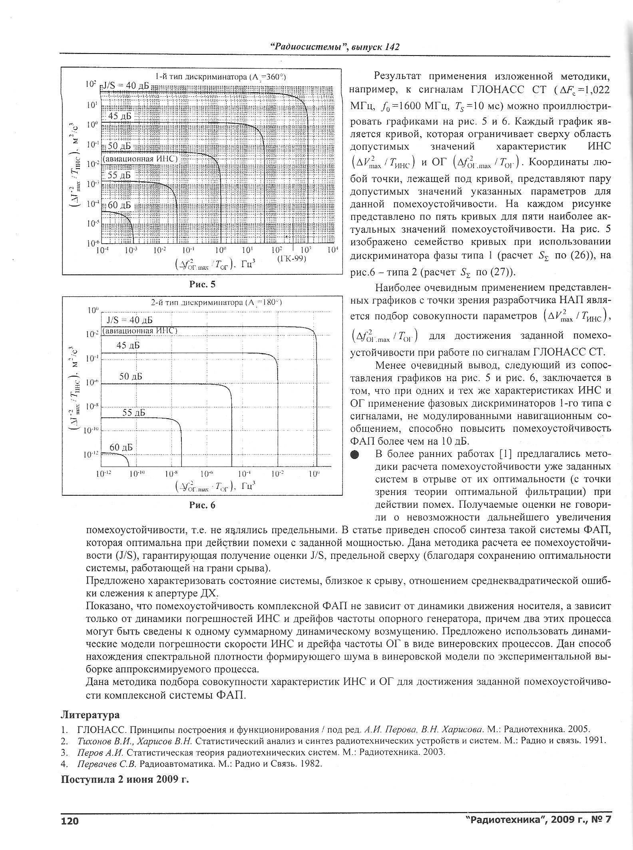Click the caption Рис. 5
tap(202, 284)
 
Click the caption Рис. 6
tap(202, 505)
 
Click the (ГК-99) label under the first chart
tap(292, 258)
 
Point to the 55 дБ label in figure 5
tap(119, 175)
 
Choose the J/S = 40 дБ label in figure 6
tap(130, 320)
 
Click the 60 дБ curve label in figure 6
tap(121, 447)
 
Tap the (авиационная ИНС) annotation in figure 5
tap(139, 159)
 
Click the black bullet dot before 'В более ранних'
tap(354, 455)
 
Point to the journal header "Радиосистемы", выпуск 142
tap(335, 47)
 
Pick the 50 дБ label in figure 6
tap(131, 376)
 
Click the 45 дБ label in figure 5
tap(119, 116)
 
